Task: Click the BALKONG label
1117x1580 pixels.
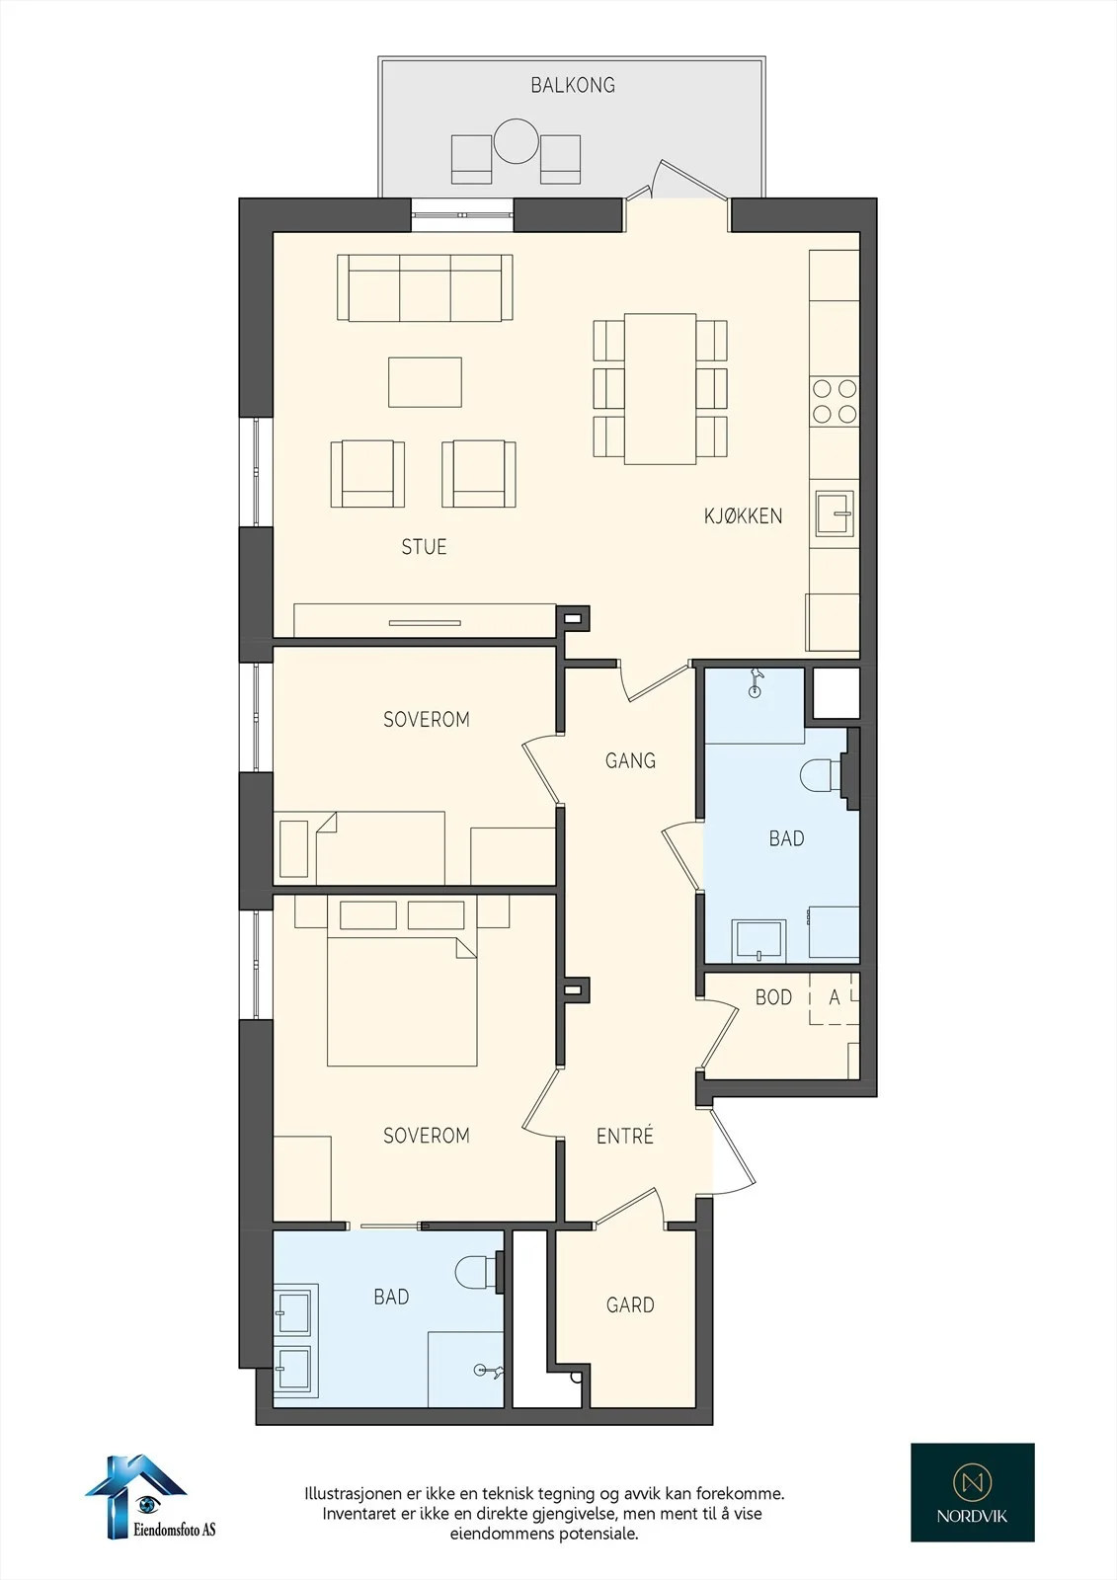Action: [x=572, y=85]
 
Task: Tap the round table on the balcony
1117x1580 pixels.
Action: [x=517, y=141]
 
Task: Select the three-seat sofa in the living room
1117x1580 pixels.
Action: [x=425, y=287]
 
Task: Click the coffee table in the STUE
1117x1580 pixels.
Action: [x=425, y=382]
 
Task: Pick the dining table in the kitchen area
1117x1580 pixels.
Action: [x=661, y=389]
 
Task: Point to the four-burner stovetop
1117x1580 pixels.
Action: [x=834, y=401]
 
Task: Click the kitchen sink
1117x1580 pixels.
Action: [x=835, y=513]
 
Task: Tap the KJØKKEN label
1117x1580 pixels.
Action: [x=743, y=515]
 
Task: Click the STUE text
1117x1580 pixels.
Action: [x=424, y=547]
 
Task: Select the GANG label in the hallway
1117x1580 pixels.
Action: [x=630, y=760]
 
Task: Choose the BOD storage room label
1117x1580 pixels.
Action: [x=773, y=997]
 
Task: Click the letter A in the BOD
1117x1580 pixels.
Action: [x=835, y=997]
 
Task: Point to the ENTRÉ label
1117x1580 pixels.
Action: [x=624, y=1136]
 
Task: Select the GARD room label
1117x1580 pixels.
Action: [x=630, y=1304]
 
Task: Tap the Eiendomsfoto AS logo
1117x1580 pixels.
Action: [x=150, y=1497]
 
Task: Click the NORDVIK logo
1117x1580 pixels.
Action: [x=973, y=1492]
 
